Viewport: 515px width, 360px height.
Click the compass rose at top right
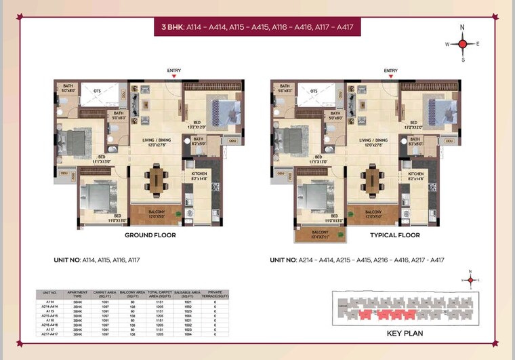462,43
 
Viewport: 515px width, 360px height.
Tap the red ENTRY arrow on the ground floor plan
174,77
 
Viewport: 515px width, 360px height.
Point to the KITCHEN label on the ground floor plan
199,174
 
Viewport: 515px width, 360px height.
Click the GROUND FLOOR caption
150,235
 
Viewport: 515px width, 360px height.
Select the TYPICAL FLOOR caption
394,235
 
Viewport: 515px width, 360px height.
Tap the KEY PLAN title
405,334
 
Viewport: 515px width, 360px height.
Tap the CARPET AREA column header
104,294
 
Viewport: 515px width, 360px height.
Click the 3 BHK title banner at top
257,28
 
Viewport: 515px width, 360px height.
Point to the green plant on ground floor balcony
178,216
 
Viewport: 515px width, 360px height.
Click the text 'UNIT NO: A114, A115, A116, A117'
96,260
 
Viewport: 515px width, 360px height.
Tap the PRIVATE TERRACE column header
215,294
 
